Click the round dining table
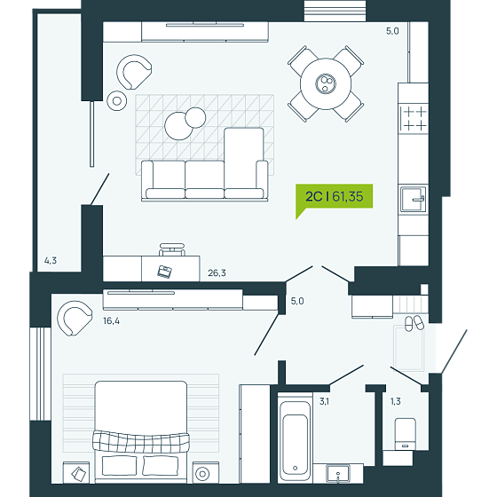(x=326, y=83)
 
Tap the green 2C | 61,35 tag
(x=334, y=197)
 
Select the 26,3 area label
(x=217, y=272)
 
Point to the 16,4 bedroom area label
(x=111, y=320)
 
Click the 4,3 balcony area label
(x=51, y=261)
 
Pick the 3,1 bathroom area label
(x=324, y=401)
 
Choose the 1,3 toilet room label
(x=395, y=401)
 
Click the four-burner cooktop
(x=414, y=119)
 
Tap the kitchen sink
(x=413, y=200)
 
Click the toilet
(x=405, y=434)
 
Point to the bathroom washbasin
(x=338, y=474)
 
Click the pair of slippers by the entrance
(x=414, y=323)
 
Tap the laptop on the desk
(x=165, y=272)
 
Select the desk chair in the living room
(x=172, y=249)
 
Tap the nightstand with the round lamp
(x=205, y=472)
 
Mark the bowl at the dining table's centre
(x=326, y=83)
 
